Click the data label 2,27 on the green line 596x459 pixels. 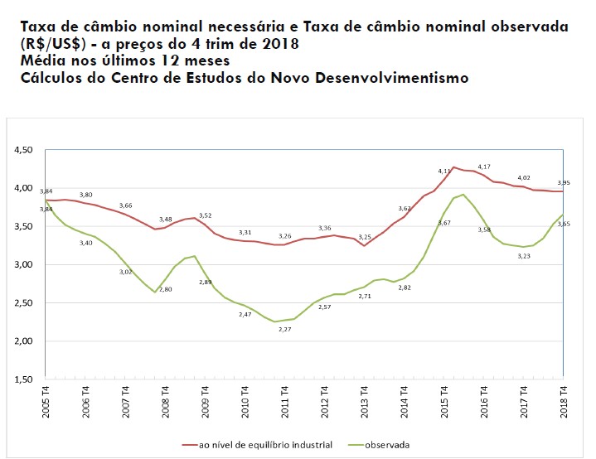[284, 329]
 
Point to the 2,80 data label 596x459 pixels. [165, 289]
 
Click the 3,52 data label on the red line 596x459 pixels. [205, 215]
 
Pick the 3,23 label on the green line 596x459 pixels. [524, 257]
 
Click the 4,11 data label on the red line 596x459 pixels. [444, 171]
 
